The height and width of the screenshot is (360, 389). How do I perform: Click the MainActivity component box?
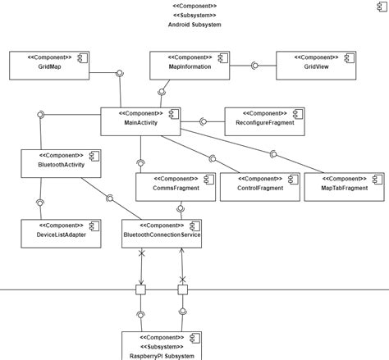click(x=140, y=121)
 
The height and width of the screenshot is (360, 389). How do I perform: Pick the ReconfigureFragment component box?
click(x=264, y=121)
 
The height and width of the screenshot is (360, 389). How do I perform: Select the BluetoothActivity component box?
click(x=62, y=163)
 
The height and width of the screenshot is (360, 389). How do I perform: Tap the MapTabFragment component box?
click(x=343, y=187)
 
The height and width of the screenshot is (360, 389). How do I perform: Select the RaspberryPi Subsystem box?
click(x=162, y=345)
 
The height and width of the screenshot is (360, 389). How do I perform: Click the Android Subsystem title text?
click(x=194, y=25)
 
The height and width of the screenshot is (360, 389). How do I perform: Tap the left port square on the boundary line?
click(x=141, y=290)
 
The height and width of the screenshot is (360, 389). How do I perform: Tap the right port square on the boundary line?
click(x=182, y=290)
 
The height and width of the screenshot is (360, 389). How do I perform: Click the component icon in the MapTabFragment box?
click(x=377, y=179)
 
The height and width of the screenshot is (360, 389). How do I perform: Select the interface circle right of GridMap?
click(x=121, y=74)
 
